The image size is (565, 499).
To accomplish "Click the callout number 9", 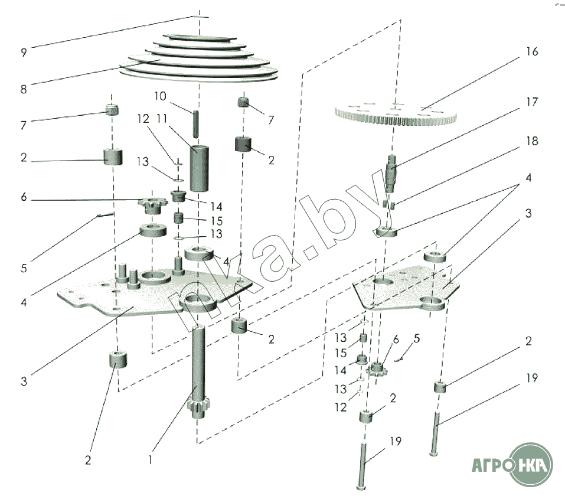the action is click(24, 53).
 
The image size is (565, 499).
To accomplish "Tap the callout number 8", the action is click(24, 89).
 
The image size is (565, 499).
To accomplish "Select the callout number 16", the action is click(532, 51).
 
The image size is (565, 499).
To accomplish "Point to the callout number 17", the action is click(532, 102).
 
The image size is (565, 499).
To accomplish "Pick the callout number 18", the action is click(532, 141).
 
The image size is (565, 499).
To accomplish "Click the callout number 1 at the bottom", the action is click(151, 459).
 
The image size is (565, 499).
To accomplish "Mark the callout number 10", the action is click(161, 96).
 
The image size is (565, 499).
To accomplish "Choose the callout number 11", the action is click(162, 118).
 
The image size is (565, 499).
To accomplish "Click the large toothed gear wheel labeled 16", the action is click(396, 114).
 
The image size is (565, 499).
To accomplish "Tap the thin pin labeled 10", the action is click(196, 123).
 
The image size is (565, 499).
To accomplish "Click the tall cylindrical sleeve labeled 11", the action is click(200, 168).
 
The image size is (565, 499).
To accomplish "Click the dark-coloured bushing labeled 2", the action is click(244, 144).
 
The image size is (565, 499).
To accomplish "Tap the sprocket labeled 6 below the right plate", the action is click(375, 370).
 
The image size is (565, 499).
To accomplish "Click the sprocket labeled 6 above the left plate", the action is click(152, 206).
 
